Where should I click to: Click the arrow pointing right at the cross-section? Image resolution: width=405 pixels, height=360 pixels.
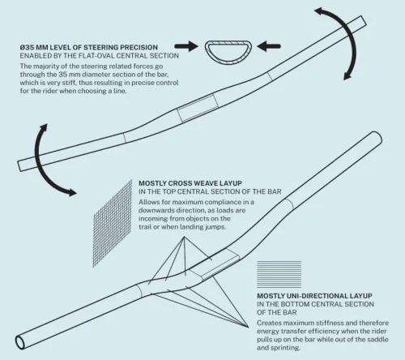(186, 46)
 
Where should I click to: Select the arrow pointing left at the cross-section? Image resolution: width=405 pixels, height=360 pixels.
(269, 46)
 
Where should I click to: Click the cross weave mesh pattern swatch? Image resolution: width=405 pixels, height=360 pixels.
(113, 224)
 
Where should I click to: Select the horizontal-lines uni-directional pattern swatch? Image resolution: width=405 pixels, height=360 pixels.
(279, 274)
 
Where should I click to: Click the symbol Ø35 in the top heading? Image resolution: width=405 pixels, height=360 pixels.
(27, 47)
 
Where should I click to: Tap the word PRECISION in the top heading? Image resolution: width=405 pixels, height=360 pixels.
(139, 47)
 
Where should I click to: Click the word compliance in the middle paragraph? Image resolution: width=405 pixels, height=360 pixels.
(219, 202)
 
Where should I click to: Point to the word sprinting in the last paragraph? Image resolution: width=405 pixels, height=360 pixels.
(286, 348)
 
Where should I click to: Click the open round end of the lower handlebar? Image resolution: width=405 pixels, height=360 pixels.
(19, 342)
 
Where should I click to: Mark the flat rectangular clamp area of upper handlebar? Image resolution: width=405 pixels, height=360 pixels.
(198, 108)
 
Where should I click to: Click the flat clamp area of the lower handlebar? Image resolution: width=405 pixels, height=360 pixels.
(214, 264)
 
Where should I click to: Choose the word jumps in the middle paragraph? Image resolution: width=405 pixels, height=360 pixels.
(215, 227)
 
